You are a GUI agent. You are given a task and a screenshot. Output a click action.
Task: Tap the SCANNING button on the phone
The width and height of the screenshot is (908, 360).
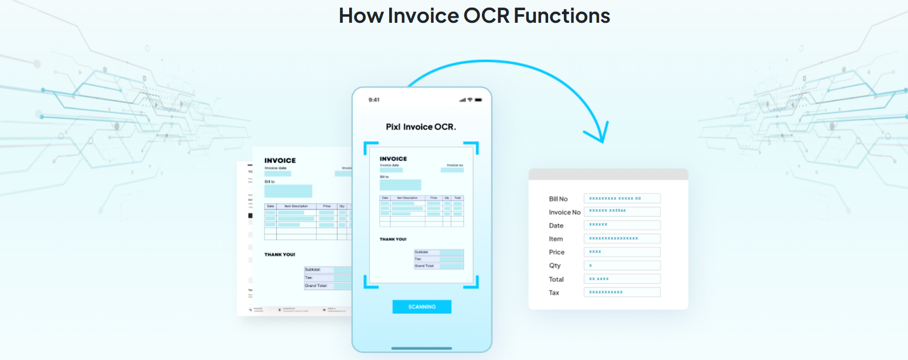click(x=422, y=307)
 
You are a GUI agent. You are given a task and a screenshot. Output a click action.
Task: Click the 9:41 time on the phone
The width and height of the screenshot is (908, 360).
click(x=374, y=100)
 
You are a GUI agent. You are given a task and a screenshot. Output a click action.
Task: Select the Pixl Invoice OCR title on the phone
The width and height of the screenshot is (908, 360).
click(x=421, y=127)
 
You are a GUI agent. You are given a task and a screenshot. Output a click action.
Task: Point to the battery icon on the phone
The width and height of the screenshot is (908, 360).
click(x=478, y=100)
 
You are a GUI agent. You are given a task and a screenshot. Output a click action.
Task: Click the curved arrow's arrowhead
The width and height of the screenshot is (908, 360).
click(x=600, y=135)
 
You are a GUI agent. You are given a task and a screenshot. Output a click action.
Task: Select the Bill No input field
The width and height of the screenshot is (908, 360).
click(x=622, y=198)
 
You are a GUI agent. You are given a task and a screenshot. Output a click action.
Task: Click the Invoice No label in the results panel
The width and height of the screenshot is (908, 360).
click(x=564, y=212)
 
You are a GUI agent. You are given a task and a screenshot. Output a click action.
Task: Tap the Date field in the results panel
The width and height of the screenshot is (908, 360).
click(x=622, y=225)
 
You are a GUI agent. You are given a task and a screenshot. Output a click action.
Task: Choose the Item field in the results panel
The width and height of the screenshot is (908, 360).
click(x=622, y=238)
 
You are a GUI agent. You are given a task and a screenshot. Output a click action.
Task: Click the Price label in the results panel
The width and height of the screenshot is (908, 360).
click(x=556, y=252)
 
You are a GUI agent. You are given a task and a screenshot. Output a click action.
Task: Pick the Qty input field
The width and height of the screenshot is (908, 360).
click(x=622, y=265)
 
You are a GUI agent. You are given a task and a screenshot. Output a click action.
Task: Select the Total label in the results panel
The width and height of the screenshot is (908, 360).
click(x=556, y=279)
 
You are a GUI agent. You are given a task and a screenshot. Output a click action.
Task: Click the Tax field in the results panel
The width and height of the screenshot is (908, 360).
click(x=622, y=292)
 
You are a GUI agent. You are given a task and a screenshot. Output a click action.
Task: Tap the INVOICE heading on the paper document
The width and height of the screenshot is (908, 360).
click(x=280, y=161)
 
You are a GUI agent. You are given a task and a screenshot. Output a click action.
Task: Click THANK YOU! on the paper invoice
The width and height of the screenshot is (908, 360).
click(x=279, y=255)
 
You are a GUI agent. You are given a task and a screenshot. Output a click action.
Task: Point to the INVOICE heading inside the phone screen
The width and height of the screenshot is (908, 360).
click(x=393, y=159)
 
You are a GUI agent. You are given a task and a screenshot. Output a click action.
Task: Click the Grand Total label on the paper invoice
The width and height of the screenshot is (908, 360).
click(x=316, y=286)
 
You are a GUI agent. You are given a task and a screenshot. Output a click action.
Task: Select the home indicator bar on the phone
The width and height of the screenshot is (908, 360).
click(x=422, y=348)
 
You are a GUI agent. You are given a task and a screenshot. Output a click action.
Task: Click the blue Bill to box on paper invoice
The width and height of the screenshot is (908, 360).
click(x=288, y=191)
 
